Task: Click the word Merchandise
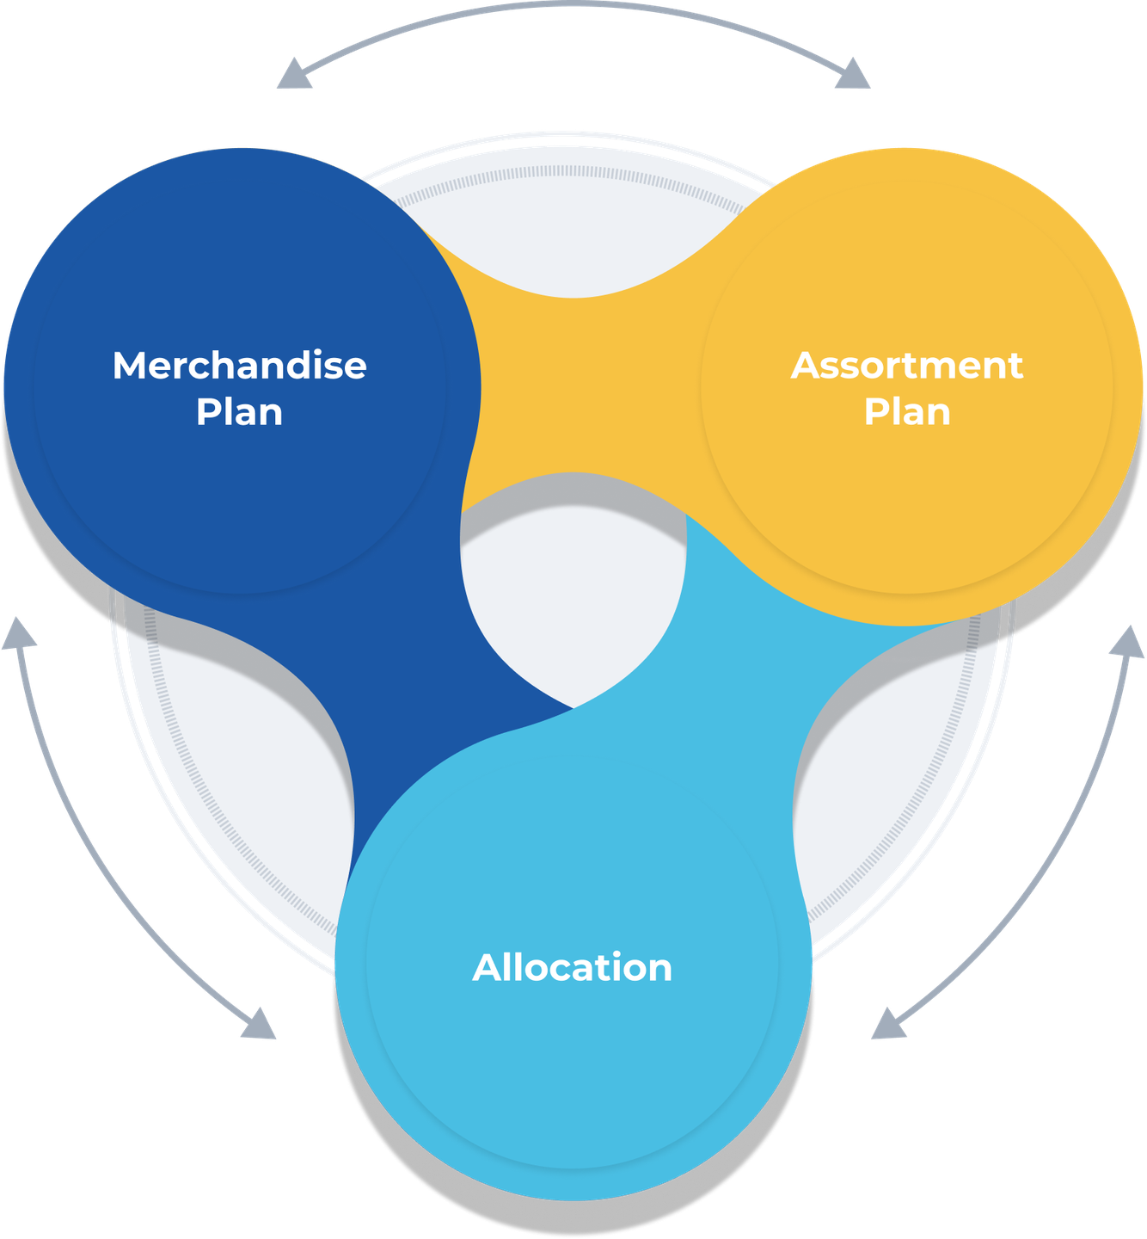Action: click(x=239, y=366)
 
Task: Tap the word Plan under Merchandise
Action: click(x=239, y=412)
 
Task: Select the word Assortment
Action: click(x=907, y=366)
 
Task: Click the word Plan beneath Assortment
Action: click(x=907, y=412)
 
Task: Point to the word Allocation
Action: click(x=572, y=968)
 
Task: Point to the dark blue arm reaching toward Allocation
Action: click(x=413, y=688)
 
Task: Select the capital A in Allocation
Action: click(x=487, y=968)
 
